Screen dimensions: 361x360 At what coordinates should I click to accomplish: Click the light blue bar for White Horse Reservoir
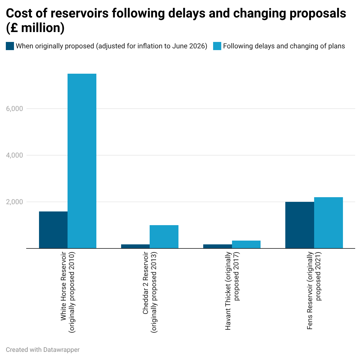click(82, 161)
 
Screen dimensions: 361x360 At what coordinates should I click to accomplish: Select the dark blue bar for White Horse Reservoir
click(53, 230)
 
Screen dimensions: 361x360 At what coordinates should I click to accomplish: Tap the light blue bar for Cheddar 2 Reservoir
click(164, 237)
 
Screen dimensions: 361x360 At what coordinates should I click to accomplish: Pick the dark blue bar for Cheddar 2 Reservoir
click(135, 246)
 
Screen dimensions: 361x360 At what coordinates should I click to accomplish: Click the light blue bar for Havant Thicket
click(246, 244)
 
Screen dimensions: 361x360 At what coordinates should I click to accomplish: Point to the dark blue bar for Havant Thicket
click(217, 246)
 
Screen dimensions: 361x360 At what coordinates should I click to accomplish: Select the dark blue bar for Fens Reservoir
click(300, 225)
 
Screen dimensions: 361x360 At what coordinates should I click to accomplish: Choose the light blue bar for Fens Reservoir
click(328, 223)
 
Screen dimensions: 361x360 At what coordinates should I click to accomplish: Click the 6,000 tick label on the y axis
click(15, 109)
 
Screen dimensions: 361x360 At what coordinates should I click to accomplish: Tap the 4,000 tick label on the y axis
click(15, 155)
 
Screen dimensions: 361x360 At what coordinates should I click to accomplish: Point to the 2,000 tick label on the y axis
click(15, 202)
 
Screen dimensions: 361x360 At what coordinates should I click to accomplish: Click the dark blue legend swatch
click(10, 46)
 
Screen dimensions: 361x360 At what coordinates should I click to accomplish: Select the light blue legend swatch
click(217, 46)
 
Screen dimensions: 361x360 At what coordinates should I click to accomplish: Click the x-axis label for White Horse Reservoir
click(68, 292)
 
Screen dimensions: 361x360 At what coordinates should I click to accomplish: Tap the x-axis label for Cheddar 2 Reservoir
click(150, 292)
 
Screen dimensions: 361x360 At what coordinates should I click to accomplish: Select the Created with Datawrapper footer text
click(43, 350)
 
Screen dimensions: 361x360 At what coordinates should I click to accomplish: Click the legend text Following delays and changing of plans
click(284, 46)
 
